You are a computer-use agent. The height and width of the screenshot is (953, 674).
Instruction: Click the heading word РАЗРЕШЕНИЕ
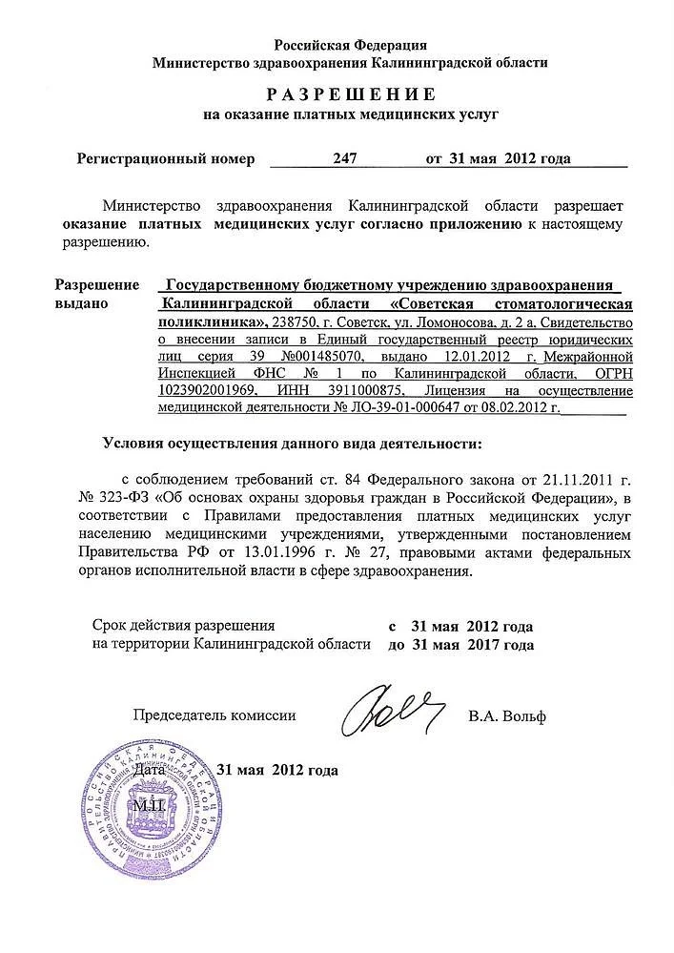[350, 93]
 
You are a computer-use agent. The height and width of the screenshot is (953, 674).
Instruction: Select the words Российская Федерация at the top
[350, 45]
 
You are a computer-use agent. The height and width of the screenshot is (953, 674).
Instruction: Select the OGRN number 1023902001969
[203, 390]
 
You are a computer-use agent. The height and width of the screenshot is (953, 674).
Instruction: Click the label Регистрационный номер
[166, 159]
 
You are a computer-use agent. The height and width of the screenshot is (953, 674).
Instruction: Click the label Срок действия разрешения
[184, 627]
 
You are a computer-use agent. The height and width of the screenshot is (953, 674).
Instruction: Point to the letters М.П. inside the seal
[148, 806]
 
